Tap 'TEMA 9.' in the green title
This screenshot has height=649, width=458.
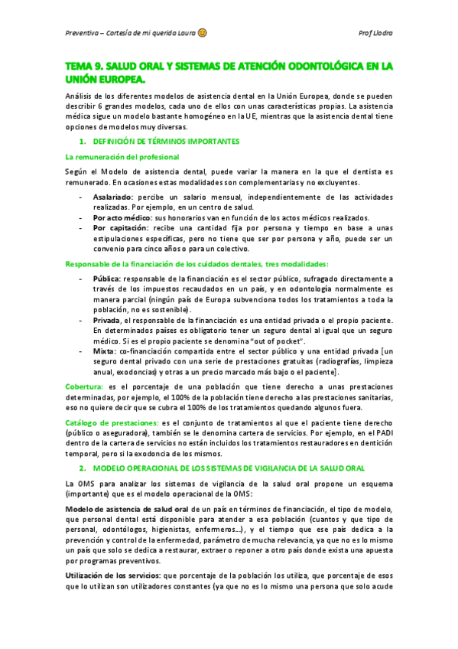pos(87,67)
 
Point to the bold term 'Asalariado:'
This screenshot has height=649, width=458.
pos(114,197)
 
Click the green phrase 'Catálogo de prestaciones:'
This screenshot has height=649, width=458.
pos(112,423)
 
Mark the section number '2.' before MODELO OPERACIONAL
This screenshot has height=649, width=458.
pos(83,467)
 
